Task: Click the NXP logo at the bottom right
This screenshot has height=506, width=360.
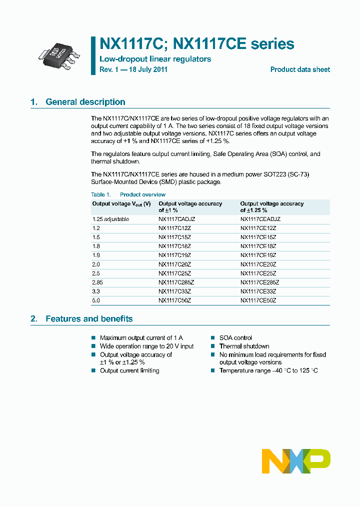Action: (x=296, y=460)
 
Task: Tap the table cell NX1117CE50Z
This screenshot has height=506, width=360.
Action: (x=258, y=300)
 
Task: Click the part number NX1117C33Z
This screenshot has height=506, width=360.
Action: (x=174, y=291)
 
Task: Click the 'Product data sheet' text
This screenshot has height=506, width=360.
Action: (x=300, y=69)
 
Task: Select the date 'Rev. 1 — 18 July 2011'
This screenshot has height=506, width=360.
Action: (x=133, y=69)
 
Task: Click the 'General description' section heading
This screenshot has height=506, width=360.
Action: (x=85, y=102)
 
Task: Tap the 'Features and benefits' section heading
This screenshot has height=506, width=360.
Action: (x=89, y=318)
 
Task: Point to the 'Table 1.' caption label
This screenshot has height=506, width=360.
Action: (x=100, y=194)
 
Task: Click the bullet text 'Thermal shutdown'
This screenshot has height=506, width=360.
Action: (x=244, y=346)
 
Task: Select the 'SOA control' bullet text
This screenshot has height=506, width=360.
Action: (x=235, y=338)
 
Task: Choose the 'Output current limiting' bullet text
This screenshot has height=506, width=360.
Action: (x=129, y=370)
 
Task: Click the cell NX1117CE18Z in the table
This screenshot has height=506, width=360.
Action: (x=258, y=246)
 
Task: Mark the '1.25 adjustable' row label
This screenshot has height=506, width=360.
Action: (x=110, y=219)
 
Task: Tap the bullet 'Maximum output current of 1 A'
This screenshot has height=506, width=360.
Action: (x=141, y=338)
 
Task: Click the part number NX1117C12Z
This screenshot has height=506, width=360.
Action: (x=174, y=228)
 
